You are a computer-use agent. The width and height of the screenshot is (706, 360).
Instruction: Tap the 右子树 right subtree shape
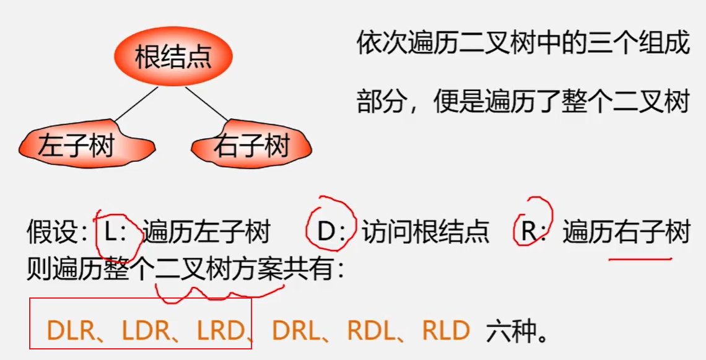pyautogui.click(x=251, y=147)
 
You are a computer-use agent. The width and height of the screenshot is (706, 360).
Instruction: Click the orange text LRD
pyautogui.click(x=220, y=331)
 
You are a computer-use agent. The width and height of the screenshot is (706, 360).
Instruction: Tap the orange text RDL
pyautogui.click(x=371, y=331)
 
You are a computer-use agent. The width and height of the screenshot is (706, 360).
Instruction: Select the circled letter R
pyautogui.click(x=528, y=232)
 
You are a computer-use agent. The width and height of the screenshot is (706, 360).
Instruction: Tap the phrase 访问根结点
pyautogui.click(x=425, y=232)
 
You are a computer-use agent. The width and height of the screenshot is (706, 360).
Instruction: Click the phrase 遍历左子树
pyautogui.click(x=206, y=232)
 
